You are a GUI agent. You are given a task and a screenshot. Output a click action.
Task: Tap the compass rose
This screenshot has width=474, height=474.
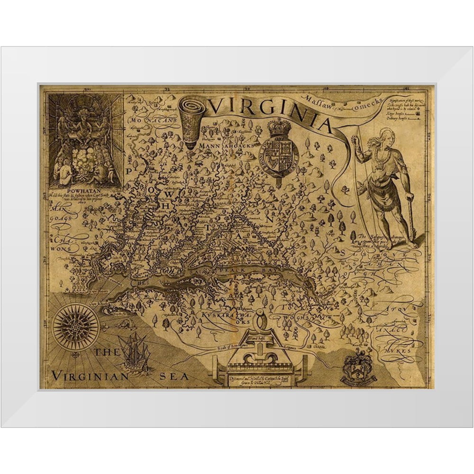[76, 327]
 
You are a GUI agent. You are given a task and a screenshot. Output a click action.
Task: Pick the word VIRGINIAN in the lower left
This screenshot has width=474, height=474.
[90, 376]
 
